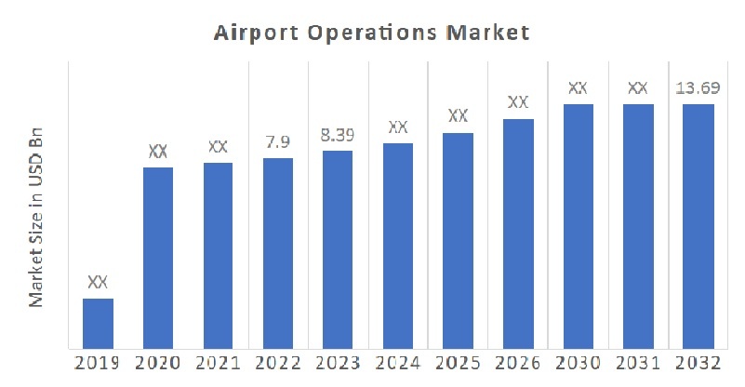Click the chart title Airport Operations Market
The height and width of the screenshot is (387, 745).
tap(372, 33)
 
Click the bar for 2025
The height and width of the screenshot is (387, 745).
tap(458, 241)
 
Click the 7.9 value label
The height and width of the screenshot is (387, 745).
tap(278, 141)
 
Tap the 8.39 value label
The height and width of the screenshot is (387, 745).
tap(338, 134)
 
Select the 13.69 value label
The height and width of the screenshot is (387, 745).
tap(698, 88)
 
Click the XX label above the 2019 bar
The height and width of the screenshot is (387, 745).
tap(98, 282)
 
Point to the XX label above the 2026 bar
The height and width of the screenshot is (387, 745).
tap(518, 102)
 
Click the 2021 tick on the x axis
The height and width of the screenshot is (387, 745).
tap(218, 364)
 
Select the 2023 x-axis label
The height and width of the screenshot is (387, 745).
tap(338, 364)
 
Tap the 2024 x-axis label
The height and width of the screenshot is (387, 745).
tap(398, 364)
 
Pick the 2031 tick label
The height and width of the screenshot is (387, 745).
tap(638, 364)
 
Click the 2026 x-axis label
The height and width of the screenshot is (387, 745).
tap(518, 364)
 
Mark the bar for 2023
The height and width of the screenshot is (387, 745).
tap(338, 249)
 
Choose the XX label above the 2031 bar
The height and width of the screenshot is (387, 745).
tap(638, 88)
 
